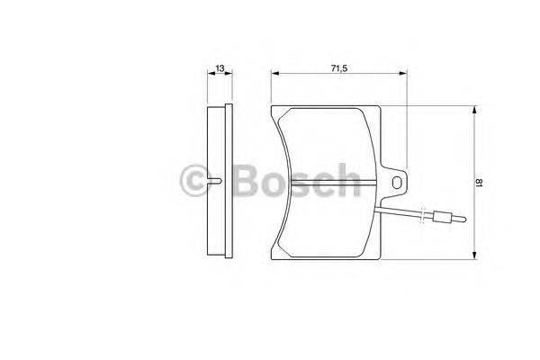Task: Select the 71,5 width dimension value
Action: click(338, 67)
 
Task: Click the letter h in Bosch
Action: click(347, 183)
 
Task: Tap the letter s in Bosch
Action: click(295, 185)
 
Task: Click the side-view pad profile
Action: click(219, 183)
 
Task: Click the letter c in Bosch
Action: click(321, 185)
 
